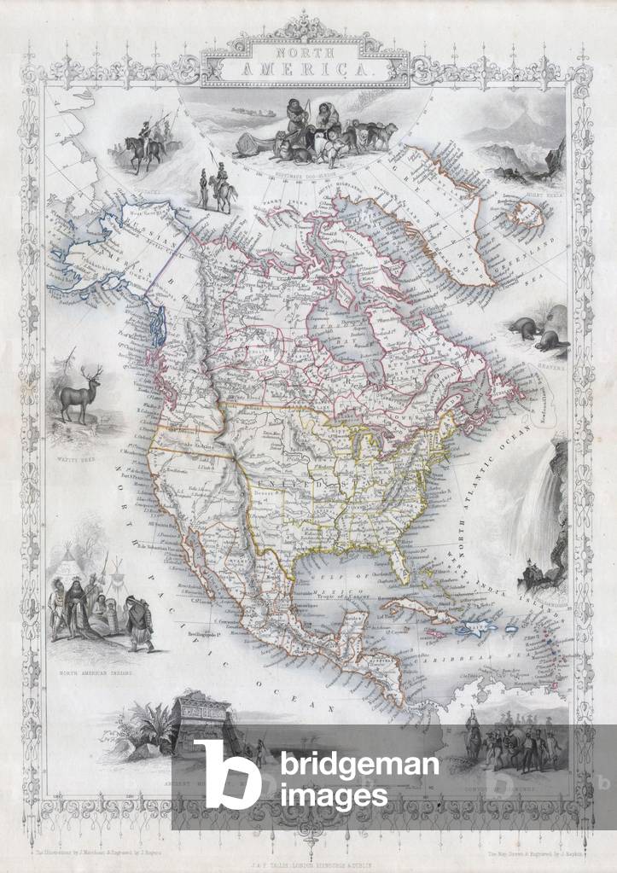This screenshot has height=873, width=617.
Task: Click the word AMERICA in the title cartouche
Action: (304, 73)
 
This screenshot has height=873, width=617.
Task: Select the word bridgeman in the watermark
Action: (358, 764)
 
